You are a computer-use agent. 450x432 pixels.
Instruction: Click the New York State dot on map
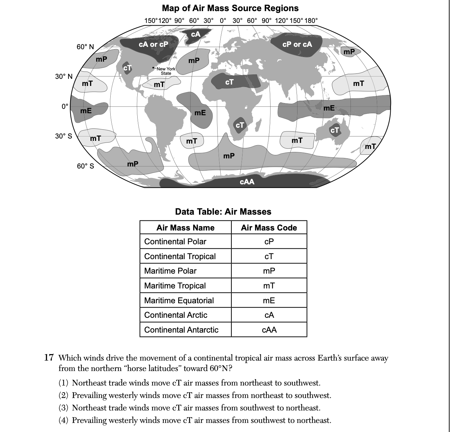point(154,67)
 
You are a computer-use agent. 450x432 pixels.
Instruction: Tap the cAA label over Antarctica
point(247,182)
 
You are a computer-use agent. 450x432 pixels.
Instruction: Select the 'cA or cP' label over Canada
point(153,44)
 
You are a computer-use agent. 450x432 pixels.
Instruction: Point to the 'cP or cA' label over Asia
point(297,44)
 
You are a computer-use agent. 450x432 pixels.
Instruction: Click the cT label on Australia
point(335,130)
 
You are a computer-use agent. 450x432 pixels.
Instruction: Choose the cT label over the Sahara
point(229,82)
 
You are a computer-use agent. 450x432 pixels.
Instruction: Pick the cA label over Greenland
point(196,34)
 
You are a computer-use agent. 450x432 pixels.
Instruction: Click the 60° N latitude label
point(85,47)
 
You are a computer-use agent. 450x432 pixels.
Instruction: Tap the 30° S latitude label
point(64,136)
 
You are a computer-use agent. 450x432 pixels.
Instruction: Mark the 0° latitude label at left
point(65,106)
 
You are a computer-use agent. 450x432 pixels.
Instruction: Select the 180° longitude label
point(311,21)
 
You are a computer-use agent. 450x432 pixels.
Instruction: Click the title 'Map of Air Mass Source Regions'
point(230,8)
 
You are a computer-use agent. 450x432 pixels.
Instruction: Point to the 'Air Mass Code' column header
point(269,228)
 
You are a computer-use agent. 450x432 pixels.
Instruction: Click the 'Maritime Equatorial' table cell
point(179,301)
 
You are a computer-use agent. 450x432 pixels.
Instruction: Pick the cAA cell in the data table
point(269,330)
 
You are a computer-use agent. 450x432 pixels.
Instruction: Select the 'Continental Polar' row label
point(175,242)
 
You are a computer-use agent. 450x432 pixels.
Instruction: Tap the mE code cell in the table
point(269,301)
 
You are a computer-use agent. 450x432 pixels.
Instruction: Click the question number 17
point(49,358)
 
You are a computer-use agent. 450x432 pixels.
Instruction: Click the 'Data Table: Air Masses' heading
point(223,212)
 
